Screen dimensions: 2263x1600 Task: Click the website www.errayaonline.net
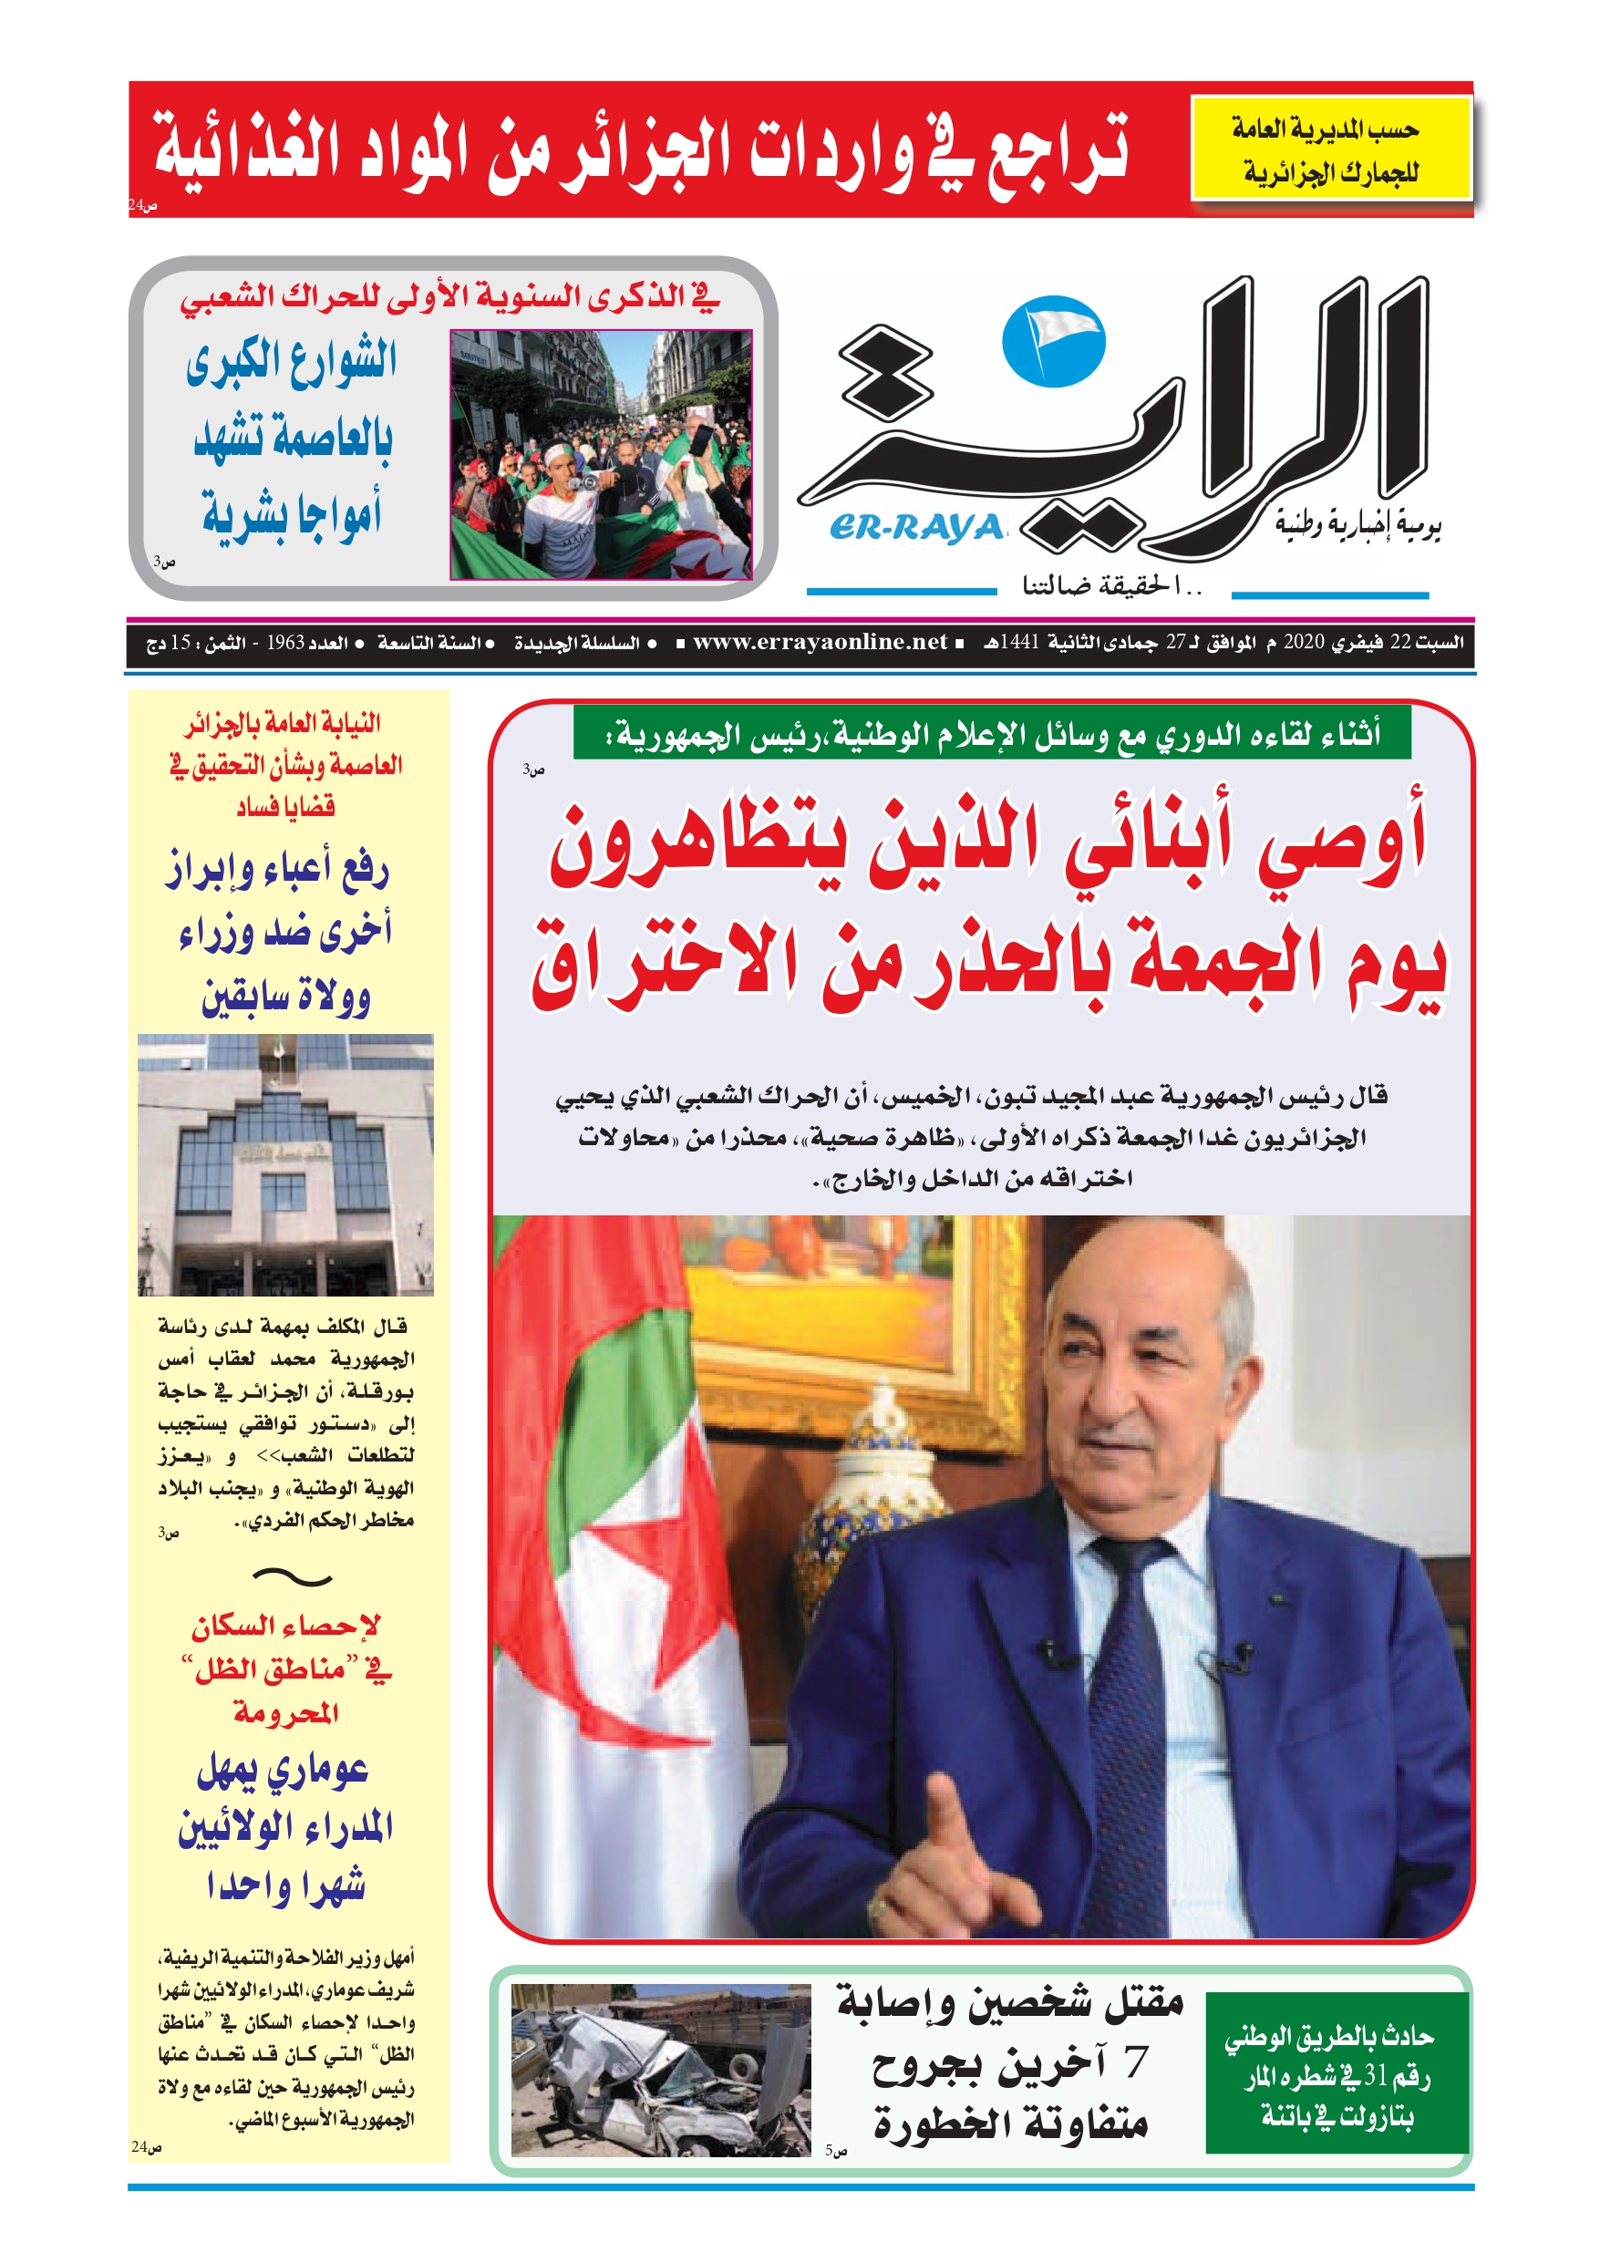click(820, 643)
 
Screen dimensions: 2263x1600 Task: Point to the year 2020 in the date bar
click(1304, 643)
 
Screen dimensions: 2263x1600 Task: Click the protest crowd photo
click(601, 454)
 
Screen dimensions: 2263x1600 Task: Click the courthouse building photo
click(285, 1164)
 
